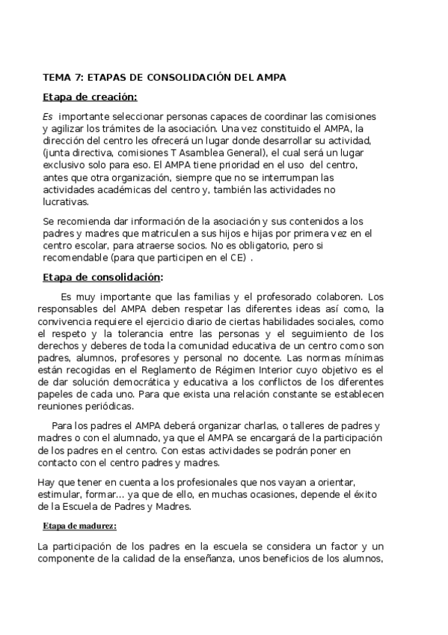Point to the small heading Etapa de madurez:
pos(79,526)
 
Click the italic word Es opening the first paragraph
pos(48,117)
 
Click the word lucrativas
pos(65,201)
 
